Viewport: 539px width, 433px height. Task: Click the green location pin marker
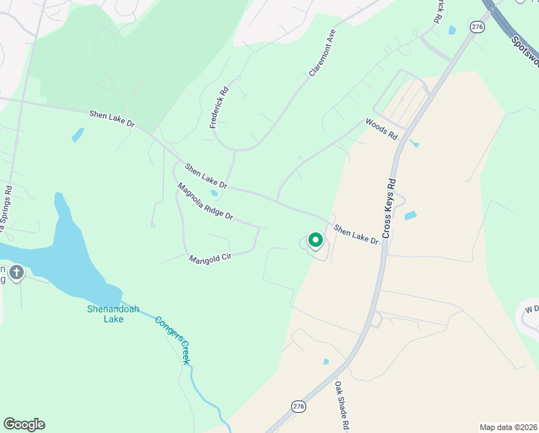tap(315, 240)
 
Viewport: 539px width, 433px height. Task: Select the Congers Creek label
tap(173, 339)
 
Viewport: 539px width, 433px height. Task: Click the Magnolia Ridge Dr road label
tap(205, 201)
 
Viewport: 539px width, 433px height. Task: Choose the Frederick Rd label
tap(219, 108)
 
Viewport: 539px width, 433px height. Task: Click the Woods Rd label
tap(381, 129)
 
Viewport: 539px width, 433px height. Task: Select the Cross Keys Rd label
tap(390, 209)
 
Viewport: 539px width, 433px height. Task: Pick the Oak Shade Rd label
tap(341, 407)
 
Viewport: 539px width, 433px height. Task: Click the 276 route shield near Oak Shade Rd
tap(298, 406)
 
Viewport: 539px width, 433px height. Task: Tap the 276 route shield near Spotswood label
tap(477, 27)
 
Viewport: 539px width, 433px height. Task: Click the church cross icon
tap(17, 273)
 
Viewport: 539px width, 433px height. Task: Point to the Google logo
tap(24, 424)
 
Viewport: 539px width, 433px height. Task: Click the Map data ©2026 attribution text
tap(508, 427)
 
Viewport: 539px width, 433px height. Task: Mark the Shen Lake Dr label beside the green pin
tap(356, 234)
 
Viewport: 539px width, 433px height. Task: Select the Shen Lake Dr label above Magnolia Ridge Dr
tap(205, 176)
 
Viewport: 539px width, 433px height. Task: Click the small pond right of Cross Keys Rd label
tap(410, 215)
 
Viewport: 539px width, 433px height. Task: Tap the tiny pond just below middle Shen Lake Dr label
tap(214, 193)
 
